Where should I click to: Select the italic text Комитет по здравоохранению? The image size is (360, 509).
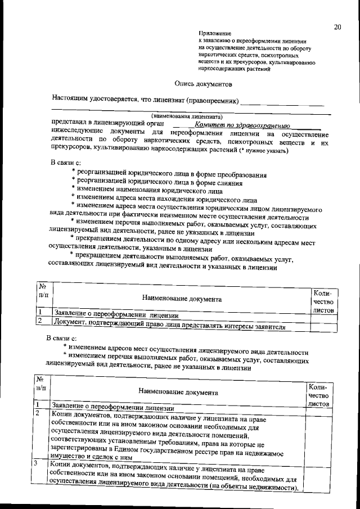click(x=238, y=125)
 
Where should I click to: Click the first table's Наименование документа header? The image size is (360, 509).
click(x=181, y=299)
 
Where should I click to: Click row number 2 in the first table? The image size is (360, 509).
click(x=40, y=321)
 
